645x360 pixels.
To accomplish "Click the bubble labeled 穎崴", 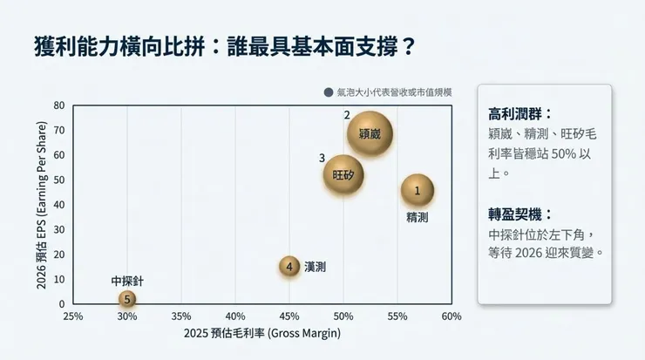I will pos(370,134).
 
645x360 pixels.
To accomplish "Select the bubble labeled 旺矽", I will pos(343,174).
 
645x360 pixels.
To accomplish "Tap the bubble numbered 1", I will pos(418,190).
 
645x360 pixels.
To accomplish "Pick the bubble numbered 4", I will pos(289,267).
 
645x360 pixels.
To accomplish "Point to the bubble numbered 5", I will pos(127,299).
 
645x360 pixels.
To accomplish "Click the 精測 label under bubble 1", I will pos(418,217).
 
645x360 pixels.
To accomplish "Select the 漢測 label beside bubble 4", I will pos(316,267).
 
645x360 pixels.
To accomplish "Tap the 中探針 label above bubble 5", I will pos(127,281).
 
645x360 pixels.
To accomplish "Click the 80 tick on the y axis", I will pos(59,105).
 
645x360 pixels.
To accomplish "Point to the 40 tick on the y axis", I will pos(59,205).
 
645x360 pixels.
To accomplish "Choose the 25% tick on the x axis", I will pos(73,316).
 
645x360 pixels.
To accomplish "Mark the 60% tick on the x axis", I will pos(451,316).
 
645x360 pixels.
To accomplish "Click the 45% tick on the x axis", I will pos(289,316).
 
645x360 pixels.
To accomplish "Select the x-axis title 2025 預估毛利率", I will pos(261,334).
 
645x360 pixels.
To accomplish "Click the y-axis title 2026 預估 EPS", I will pos(40,205).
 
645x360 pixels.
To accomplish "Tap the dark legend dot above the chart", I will pos(329,92).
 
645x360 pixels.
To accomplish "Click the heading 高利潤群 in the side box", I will pos(520,114).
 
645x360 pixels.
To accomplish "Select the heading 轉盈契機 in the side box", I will pos(520,214).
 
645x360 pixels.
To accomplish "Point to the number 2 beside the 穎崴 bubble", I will pos(347,115).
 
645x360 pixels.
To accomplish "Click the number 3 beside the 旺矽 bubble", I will pos(322,158).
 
